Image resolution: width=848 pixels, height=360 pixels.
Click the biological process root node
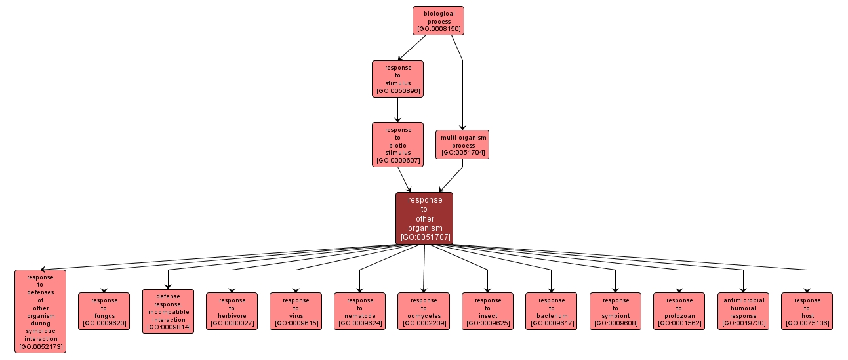click(x=438, y=20)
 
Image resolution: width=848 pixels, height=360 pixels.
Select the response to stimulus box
click(x=397, y=79)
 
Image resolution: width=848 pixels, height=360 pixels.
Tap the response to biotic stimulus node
click(x=397, y=144)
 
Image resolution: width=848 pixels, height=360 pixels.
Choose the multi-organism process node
click(x=462, y=145)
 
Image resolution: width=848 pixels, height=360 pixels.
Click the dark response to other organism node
click(x=424, y=218)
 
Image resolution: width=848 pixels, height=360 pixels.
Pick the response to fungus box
click(x=104, y=311)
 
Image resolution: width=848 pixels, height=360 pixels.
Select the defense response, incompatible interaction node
click(x=168, y=311)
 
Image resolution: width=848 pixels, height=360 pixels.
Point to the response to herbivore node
click(x=232, y=311)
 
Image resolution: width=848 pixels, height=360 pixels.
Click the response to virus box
click(x=296, y=311)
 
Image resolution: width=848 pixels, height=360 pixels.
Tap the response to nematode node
click(x=359, y=311)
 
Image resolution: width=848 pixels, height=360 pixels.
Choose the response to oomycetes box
click(x=424, y=311)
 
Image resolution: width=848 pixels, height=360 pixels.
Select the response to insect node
click(x=487, y=311)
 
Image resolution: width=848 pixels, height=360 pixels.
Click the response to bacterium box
click(x=551, y=311)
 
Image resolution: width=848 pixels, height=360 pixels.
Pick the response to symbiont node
click(x=615, y=311)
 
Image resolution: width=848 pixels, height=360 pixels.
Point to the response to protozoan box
click(x=679, y=311)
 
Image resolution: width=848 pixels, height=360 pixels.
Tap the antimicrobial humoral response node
click(x=743, y=311)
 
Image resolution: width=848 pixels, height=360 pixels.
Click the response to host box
click(x=807, y=311)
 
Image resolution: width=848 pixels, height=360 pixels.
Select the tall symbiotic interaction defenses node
click(x=41, y=311)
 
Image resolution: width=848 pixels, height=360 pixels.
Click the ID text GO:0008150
click(x=438, y=30)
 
